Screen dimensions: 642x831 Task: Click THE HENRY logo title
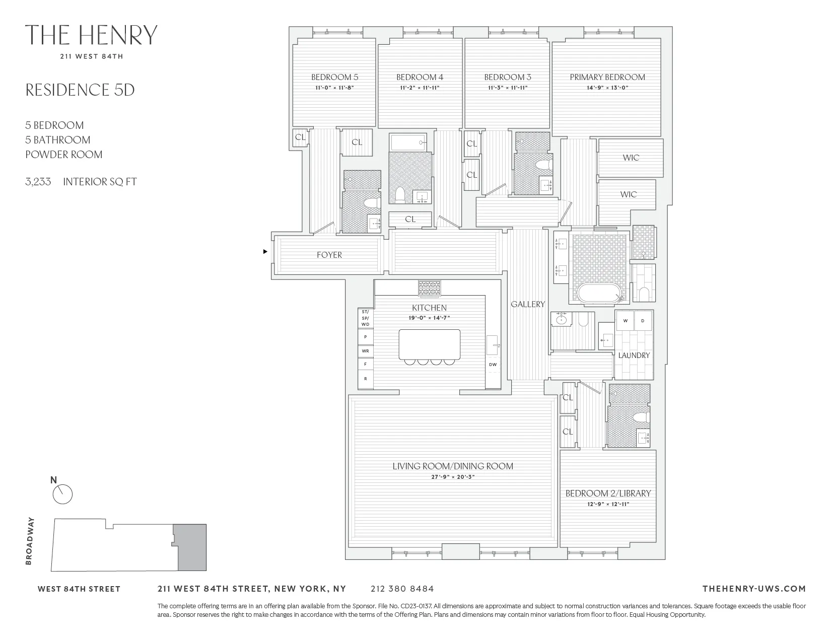[x=91, y=35]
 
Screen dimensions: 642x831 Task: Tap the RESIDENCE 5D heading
[x=80, y=90]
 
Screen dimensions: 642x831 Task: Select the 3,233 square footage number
[x=38, y=182]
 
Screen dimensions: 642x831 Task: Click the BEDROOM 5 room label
[x=334, y=77]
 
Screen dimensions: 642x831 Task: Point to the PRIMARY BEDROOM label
[x=607, y=77]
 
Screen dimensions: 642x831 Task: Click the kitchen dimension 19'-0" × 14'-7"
[x=429, y=318]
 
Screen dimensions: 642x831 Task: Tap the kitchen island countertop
[x=429, y=344]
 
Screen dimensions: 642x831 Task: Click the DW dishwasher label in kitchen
[x=493, y=365]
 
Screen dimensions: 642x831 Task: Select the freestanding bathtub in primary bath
[x=597, y=294]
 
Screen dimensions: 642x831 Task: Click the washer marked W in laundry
[x=625, y=321]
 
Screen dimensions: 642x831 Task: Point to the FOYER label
[x=329, y=255]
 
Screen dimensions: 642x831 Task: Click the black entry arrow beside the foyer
[x=265, y=251]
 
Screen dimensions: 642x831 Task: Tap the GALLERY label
[x=527, y=304]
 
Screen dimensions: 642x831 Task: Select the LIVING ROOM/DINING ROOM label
[x=452, y=466]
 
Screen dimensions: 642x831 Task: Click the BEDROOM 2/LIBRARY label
[x=608, y=493]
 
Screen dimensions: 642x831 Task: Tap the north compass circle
[x=63, y=494]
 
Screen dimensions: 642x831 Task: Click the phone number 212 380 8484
[x=401, y=589]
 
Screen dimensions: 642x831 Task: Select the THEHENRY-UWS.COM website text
[x=753, y=589]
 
